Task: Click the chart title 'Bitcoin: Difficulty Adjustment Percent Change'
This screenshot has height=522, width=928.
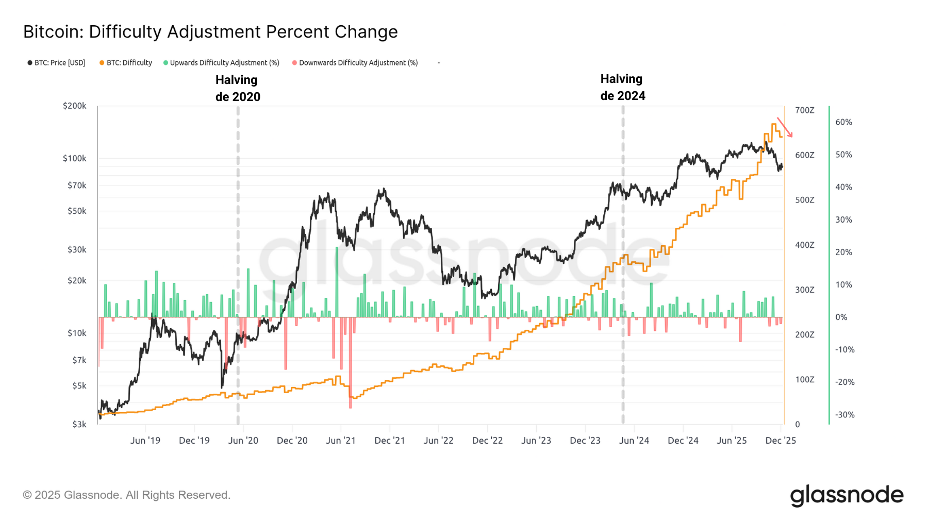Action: tap(210, 32)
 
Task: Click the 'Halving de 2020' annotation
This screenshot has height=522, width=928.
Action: tap(238, 88)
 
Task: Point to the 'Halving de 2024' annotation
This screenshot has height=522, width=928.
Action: tap(623, 87)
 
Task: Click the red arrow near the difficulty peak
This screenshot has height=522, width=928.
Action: tap(785, 127)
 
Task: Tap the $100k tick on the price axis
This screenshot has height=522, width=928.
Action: tap(75, 158)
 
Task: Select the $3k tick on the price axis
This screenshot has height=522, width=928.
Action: tap(79, 424)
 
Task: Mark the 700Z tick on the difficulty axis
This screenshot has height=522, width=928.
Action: tap(804, 110)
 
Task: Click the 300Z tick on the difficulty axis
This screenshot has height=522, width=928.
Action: tap(804, 290)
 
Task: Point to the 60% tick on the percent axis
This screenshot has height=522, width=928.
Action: tap(843, 122)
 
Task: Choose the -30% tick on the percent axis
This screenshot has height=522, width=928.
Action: tap(844, 414)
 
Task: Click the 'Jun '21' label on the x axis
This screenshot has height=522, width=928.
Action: tap(341, 441)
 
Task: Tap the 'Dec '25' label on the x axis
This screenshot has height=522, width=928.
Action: tap(781, 441)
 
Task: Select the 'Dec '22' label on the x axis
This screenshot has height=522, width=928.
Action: tap(487, 441)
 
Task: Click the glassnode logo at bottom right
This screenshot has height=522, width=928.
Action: tap(847, 495)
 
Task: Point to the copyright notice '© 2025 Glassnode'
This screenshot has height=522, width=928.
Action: tap(126, 495)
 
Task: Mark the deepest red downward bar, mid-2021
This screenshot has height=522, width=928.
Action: tap(350, 363)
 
